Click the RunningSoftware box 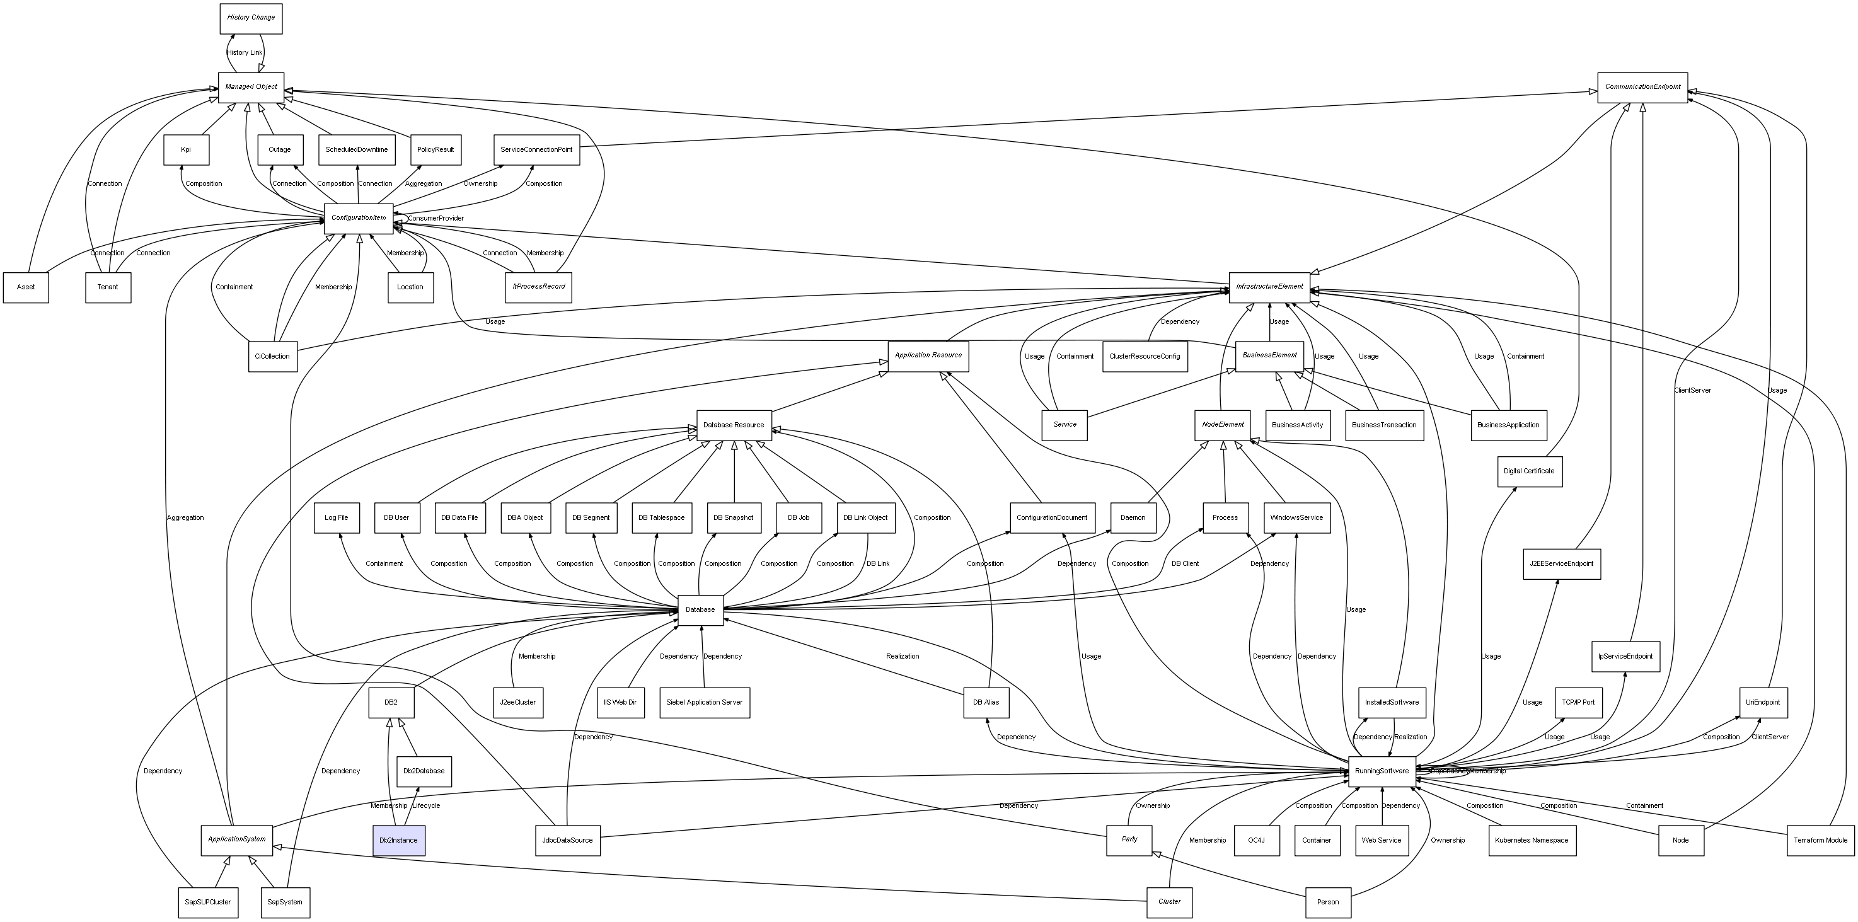pos(1382,771)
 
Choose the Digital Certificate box pos(1528,471)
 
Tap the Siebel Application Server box pos(704,703)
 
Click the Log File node pos(336,518)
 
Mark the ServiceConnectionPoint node pos(536,150)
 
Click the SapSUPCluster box pos(208,902)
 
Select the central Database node pos(700,610)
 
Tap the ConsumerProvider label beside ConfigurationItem pos(436,219)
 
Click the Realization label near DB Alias pos(903,657)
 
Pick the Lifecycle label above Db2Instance pos(425,806)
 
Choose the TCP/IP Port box pos(1578,703)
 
